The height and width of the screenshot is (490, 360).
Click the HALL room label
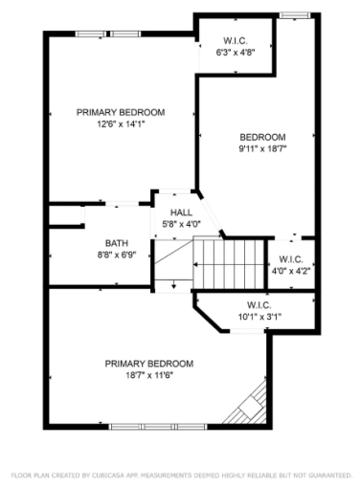click(182, 212)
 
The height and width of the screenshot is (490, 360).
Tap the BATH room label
click(116, 243)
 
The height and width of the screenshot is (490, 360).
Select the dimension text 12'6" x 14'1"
click(121, 124)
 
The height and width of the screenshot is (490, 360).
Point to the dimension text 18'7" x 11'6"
click(149, 375)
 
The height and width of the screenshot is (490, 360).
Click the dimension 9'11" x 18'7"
click(262, 148)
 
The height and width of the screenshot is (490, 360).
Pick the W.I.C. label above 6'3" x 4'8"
click(236, 41)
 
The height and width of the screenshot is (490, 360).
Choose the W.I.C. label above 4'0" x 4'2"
click(290, 259)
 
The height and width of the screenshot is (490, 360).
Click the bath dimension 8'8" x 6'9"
click(116, 255)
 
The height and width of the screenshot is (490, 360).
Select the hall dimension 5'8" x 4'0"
click(182, 224)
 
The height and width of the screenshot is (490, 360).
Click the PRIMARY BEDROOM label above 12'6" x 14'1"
click(121, 113)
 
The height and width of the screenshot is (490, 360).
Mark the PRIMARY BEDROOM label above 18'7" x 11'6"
click(149, 364)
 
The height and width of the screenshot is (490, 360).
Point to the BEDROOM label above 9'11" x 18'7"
click(262, 137)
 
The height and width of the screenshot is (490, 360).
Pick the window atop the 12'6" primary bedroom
click(112, 34)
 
